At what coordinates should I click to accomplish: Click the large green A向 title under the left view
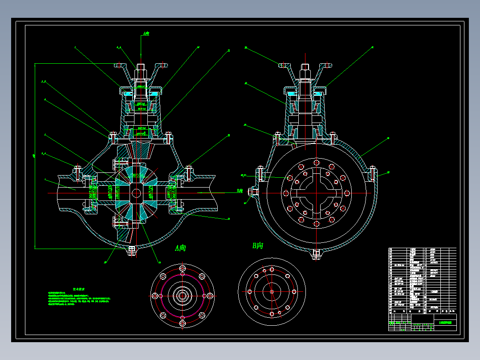click(x=181, y=248)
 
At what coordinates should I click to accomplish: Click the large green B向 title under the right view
click(x=258, y=245)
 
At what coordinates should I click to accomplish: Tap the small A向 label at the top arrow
click(x=146, y=33)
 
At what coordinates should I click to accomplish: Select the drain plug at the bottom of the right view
click(x=317, y=254)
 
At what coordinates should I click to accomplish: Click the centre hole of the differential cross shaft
click(x=135, y=193)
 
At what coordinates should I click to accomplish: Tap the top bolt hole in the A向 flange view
click(x=182, y=269)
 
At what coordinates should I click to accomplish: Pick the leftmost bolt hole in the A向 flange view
click(x=155, y=296)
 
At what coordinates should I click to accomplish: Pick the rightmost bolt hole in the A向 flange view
click(x=210, y=295)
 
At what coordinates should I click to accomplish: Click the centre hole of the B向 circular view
click(x=271, y=292)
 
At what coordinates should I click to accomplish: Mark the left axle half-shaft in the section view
click(x=71, y=192)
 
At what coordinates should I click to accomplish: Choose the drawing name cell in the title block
click(x=445, y=322)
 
